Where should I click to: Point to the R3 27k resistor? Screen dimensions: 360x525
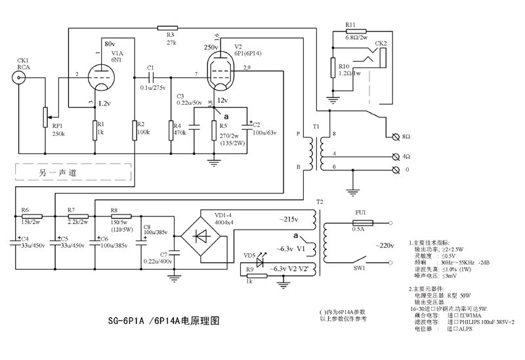click(x=167, y=27)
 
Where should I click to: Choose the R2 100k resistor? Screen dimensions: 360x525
click(x=134, y=129)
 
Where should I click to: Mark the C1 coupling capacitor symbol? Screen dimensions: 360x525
click(x=151, y=77)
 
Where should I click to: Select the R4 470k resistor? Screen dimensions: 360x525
click(x=171, y=129)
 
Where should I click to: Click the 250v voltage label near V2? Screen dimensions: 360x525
click(x=211, y=48)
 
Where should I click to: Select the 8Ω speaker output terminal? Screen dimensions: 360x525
click(x=396, y=136)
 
